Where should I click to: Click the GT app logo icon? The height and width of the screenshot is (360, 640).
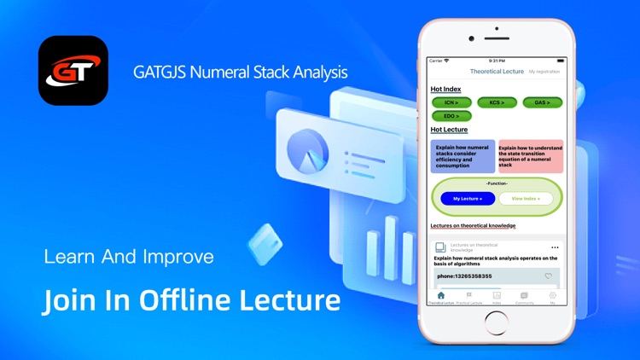click(x=73, y=70)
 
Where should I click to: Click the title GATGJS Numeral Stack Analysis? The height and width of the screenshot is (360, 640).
click(x=240, y=72)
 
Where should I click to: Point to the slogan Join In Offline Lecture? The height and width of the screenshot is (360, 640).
click(x=191, y=300)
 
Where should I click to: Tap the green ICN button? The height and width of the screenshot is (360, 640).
click(x=451, y=102)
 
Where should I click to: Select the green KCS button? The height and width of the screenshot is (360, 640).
click(x=497, y=102)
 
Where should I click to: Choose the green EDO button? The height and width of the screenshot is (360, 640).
click(x=451, y=115)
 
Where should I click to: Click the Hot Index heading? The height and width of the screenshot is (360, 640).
click(x=446, y=89)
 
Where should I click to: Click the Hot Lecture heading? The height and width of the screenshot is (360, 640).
click(x=449, y=130)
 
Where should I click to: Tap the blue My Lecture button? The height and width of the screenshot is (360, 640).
click(x=468, y=198)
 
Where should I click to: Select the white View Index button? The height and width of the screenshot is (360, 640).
click(x=526, y=198)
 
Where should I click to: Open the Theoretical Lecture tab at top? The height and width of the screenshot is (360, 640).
click(x=497, y=72)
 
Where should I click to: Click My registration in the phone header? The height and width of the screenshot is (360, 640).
click(x=544, y=72)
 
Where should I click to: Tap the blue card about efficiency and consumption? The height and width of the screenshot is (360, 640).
click(x=463, y=156)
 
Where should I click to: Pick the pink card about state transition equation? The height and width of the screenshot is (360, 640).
click(x=530, y=156)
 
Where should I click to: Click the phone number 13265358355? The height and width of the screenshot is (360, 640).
click(x=464, y=276)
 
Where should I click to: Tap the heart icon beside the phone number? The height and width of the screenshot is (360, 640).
click(x=549, y=276)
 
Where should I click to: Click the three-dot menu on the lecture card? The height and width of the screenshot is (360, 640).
click(x=555, y=247)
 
